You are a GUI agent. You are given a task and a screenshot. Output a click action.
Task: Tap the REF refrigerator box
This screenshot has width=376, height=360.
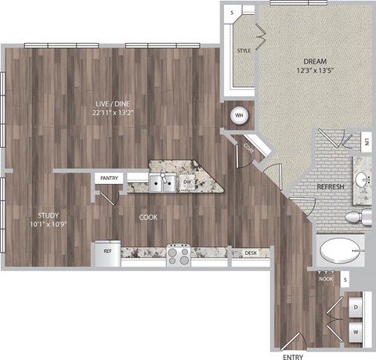(106, 252)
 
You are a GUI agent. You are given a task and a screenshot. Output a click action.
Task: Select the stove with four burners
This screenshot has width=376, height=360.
(178, 254)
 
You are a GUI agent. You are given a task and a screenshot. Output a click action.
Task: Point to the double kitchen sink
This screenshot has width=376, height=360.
(163, 183)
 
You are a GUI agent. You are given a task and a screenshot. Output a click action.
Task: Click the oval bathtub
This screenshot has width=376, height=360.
(340, 252)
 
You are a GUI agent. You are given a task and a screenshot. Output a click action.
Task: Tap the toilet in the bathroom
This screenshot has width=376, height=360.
(356, 217)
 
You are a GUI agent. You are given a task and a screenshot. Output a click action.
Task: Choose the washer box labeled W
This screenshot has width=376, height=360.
(356, 331)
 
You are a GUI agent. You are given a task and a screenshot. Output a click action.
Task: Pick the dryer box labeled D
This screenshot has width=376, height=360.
(356, 308)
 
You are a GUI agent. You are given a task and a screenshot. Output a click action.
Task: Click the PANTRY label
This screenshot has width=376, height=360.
(109, 178)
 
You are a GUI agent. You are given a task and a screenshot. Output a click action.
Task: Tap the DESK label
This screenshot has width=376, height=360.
(251, 253)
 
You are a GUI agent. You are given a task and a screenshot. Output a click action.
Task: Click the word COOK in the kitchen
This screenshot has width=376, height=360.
(149, 218)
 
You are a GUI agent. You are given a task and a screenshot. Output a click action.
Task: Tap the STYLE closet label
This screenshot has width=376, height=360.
(244, 52)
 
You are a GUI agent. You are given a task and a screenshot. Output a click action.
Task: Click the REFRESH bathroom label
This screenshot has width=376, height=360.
(331, 189)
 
